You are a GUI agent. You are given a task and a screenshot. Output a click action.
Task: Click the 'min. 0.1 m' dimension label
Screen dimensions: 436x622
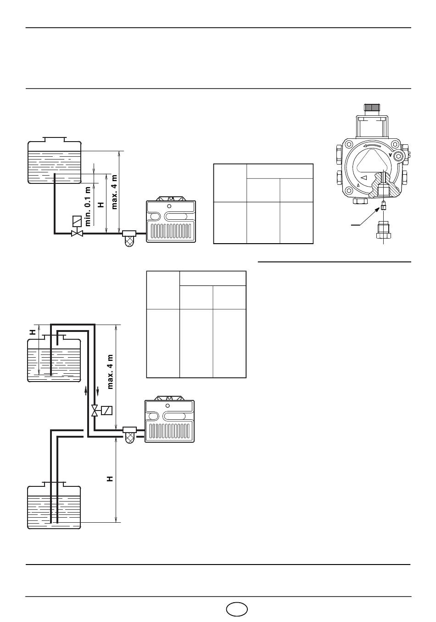tap(88, 206)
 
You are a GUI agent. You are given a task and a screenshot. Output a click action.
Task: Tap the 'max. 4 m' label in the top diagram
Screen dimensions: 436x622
tap(114, 192)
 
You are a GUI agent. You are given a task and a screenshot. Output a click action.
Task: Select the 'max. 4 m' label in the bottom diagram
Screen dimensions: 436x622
tap(110, 371)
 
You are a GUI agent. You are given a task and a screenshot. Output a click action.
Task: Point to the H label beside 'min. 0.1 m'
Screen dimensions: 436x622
tap(101, 205)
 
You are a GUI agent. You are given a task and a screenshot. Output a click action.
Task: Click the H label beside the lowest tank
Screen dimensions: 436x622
tap(110, 479)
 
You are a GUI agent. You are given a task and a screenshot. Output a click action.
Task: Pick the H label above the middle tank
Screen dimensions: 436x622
tap(34, 332)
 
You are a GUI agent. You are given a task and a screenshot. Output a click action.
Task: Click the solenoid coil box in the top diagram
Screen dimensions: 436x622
tap(77, 221)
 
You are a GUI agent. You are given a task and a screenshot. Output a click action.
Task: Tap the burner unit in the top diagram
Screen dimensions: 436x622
tap(171, 220)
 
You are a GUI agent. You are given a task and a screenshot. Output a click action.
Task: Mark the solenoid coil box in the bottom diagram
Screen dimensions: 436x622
tap(107, 410)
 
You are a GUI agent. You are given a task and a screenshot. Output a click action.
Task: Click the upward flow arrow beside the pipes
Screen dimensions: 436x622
tap(86, 391)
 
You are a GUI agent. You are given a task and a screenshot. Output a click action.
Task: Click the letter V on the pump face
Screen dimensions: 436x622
tap(390, 155)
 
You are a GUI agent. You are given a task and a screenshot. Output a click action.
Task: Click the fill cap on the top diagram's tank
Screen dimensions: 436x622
tap(54, 139)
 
